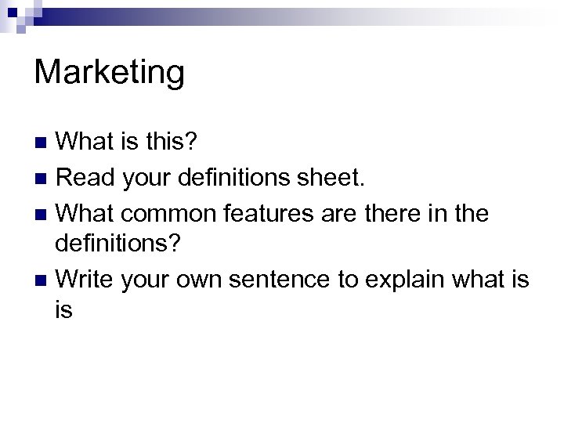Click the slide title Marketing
click(110, 73)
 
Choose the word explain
click(414, 278)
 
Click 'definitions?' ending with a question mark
click(118, 245)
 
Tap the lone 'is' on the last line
click(64, 311)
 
